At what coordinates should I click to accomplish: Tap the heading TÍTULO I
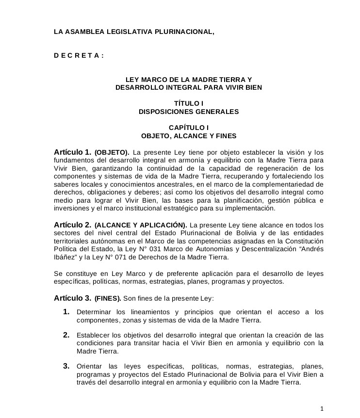pyautogui.click(x=189, y=103)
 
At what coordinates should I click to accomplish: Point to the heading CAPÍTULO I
pyautogui.click(x=189, y=128)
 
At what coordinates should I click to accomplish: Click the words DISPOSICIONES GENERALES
pyautogui.click(x=189, y=112)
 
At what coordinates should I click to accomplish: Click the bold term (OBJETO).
pyautogui.click(x=112, y=152)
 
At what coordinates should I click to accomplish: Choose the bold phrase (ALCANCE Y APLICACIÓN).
pyautogui.click(x=141, y=225)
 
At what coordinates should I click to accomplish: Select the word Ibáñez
pyautogui.click(x=66, y=258)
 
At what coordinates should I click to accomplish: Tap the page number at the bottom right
pyautogui.click(x=329, y=408)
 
